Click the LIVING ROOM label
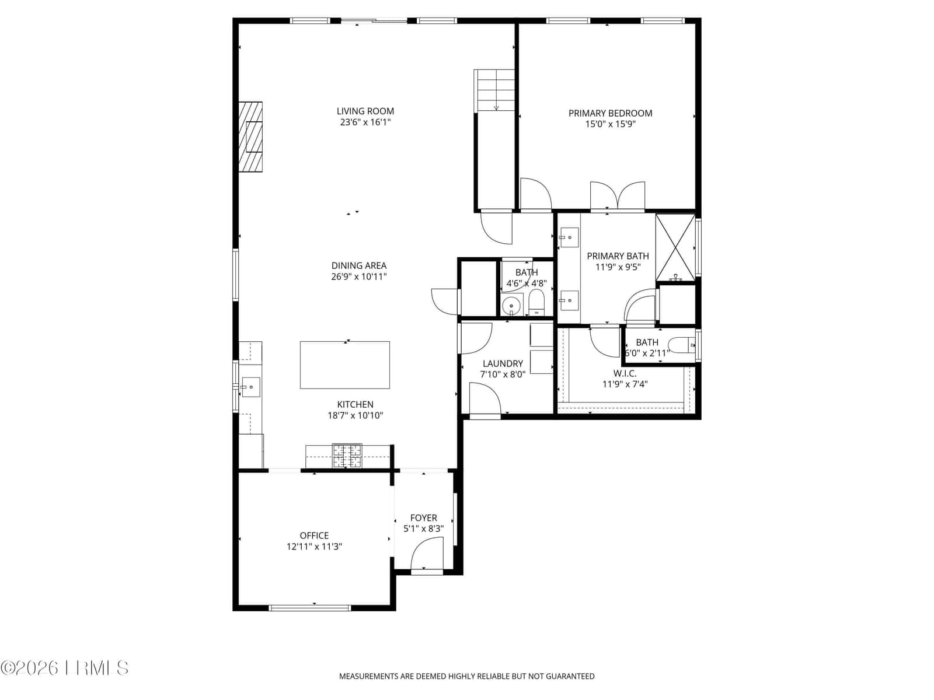point(365,111)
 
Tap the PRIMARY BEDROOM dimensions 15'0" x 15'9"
point(610,124)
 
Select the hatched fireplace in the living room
point(250,137)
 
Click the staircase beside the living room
point(494,90)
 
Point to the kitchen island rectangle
point(344,365)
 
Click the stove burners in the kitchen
point(347,456)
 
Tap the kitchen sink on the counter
point(250,387)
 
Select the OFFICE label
point(314,535)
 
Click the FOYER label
point(423,517)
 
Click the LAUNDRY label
point(503,363)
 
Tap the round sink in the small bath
point(511,304)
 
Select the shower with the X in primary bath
point(675,247)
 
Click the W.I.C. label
point(625,373)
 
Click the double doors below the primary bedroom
point(618,196)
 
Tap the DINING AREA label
point(358,265)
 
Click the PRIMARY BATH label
point(618,256)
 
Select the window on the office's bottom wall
point(310,608)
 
